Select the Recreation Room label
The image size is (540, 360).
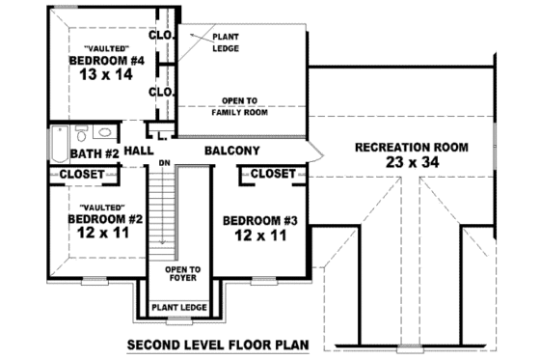point(412,148)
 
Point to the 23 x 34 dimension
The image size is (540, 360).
point(412,164)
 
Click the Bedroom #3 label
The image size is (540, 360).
point(260,221)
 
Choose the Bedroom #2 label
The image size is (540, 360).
point(105,220)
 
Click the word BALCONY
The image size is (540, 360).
point(231,152)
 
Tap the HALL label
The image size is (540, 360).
point(139,152)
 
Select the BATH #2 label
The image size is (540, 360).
point(94,152)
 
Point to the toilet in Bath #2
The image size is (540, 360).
point(82,131)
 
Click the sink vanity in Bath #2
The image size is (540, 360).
point(107,131)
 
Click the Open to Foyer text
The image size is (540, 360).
point(182,275)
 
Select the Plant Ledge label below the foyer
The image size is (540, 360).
point(181,308)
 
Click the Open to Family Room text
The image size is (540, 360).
point(240,106)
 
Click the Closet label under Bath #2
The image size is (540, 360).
point(82,174)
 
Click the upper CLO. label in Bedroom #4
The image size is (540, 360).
point(160,37)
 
